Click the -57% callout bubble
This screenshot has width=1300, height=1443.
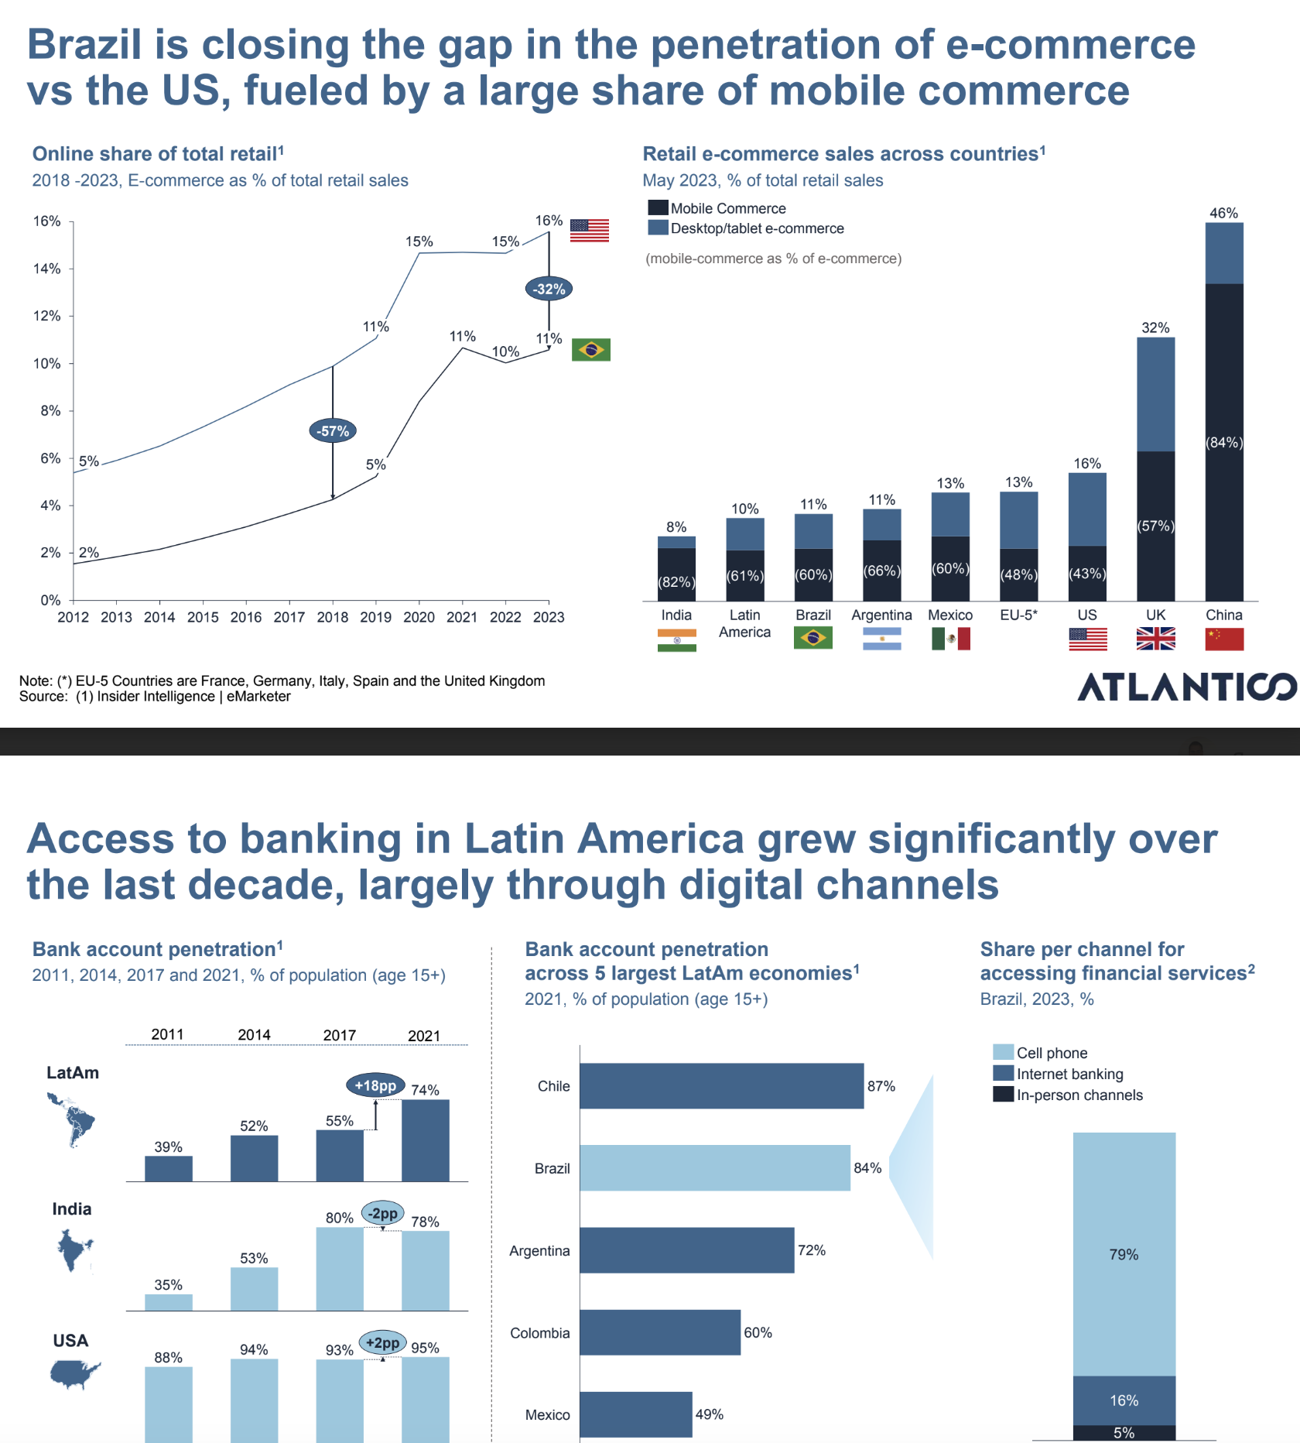coord(333,431)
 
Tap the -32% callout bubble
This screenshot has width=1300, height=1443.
coord(549,290)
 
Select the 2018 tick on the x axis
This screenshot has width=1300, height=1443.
coord(332,617)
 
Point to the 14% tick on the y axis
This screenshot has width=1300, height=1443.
coord(46,269)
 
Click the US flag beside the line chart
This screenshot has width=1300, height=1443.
coord(590,230)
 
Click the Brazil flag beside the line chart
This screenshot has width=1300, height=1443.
coord(591,350)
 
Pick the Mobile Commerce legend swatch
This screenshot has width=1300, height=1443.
coord(658,207)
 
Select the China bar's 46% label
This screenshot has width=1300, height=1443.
coord(1223,213)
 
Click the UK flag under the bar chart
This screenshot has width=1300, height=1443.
coord(1155,639)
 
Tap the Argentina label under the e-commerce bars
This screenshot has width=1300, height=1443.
coord(881,615)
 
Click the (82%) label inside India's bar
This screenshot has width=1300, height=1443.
coord(676,582)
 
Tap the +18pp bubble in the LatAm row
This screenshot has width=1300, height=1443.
coord(375,1085)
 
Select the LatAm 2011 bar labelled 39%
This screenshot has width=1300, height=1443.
coord(169,1168)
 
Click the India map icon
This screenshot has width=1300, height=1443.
coord(74,1249)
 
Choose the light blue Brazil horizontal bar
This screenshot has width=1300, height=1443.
coord(714,1167)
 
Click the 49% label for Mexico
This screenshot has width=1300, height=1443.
coord(709,1414)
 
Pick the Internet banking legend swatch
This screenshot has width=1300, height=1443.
coord(1004,1073)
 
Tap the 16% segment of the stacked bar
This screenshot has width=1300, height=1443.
coord(1124,1400)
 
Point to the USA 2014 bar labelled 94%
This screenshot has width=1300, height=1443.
coord(254,1400)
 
